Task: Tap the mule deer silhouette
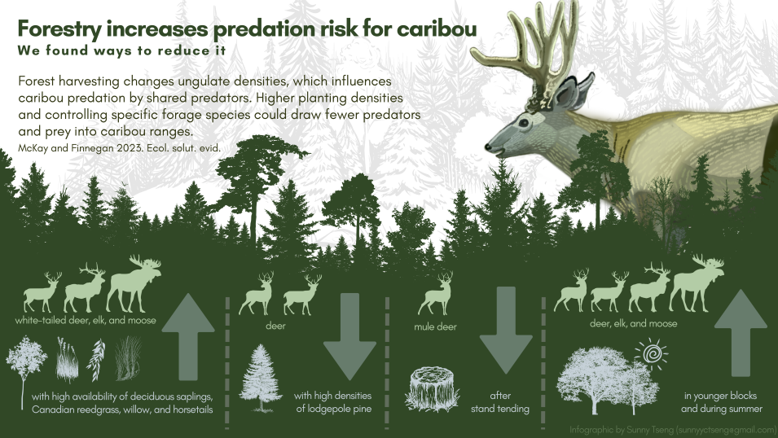point(435,294)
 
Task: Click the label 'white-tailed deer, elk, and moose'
point(86,321)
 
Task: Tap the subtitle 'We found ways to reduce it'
point(120,50)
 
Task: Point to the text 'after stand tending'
point(499,402)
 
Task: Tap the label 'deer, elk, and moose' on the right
point(633,323)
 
